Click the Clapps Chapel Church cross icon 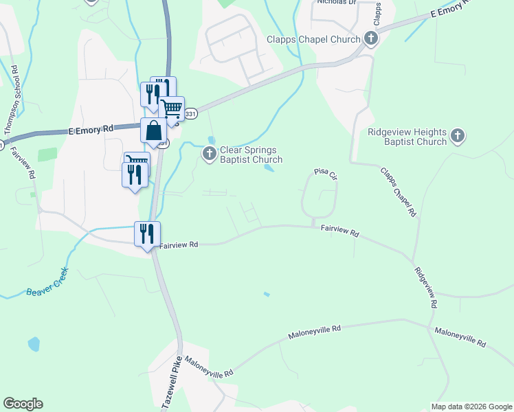(x=371, y=38)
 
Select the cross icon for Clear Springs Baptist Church (x=210, y=154)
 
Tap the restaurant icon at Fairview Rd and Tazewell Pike (x=147, y=233)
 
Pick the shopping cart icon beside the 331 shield (x=171, y=108)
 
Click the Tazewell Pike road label (x=172, y=383)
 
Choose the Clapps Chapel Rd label (x=399, y=192)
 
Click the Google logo (x=23, y=404)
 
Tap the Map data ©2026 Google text (x=471, y=407)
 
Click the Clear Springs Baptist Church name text (x=251, y=154)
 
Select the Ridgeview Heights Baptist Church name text (x=407, y=137)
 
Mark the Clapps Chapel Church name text (x=314, y=39)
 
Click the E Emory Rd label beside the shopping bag (x=91, y=129)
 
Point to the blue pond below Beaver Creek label (x=34, y=343)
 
